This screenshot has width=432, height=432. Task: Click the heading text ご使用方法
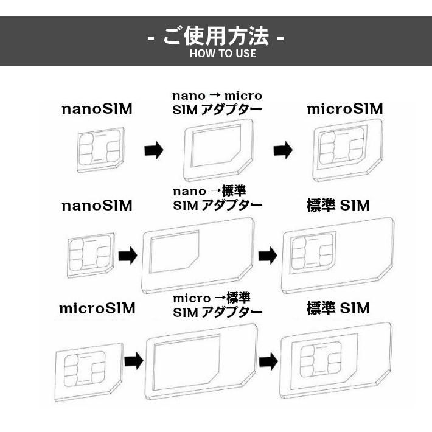click(x=216, y=37)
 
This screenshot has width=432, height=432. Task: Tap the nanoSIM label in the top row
click(x=97, y=110)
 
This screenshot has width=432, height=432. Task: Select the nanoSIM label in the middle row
click(x=97, y=206)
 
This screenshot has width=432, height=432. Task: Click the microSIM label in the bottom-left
click(x=97, y=308)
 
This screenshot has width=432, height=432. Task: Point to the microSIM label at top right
click(x=344, y=110)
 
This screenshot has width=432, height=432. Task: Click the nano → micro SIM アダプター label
click(x=217, y=103)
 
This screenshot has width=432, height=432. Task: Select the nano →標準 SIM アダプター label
click(x=217, y=198)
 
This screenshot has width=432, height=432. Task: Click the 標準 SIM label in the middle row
click(x=338, y=206)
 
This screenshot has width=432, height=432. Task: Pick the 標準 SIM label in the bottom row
click(x=338, y=308)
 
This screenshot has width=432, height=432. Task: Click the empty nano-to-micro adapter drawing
click(x=218, y=150)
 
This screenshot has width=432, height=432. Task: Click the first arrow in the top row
click(x=154, y=150)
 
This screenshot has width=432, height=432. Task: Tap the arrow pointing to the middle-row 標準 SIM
click(x=267, y=256)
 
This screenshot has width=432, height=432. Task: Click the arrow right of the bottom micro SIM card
click(x=133, y=361)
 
